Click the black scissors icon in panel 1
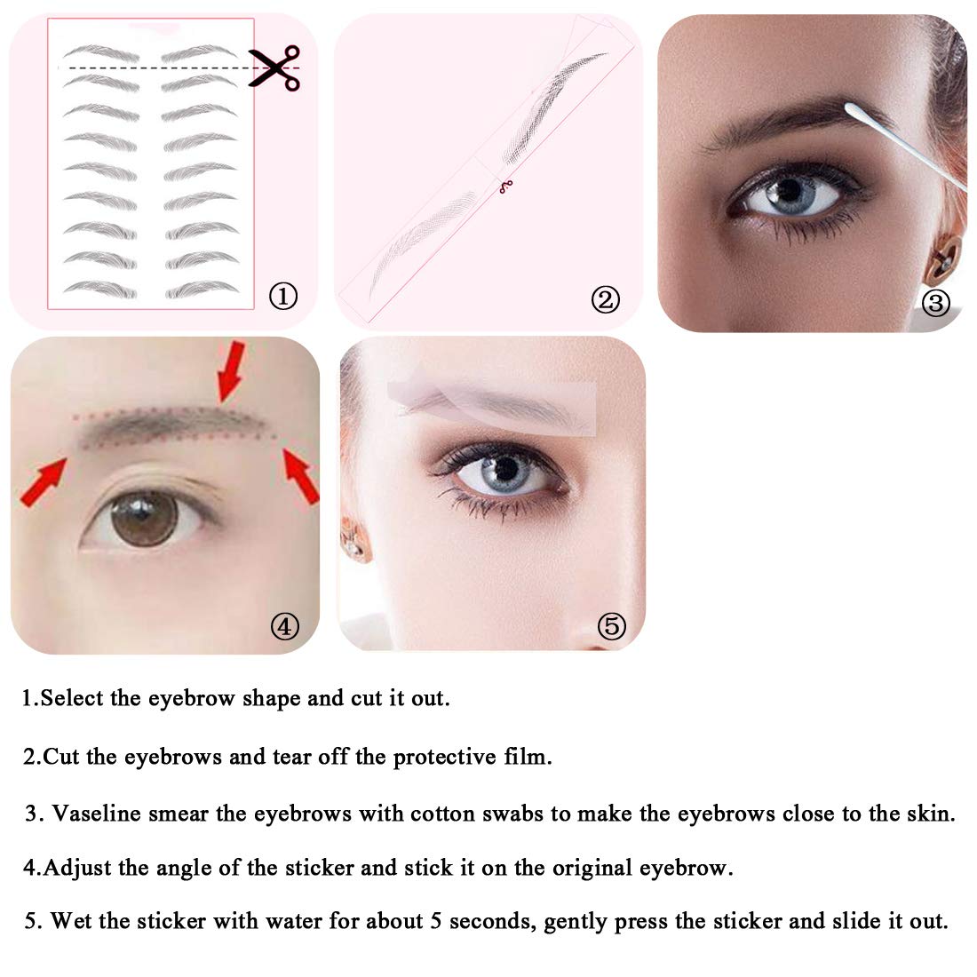[x=274, y=68]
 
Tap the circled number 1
[x=282, y=296]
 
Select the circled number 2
[x=605, y=299]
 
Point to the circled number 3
[x=935, y=304]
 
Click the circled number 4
[x=285, y=625]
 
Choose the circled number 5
[x=611, y=626]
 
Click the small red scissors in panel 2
[x=506, y=187]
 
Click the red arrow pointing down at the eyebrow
[x=231, y=371]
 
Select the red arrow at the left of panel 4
[x=43, y=481]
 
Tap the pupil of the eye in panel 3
[x=790, y=190]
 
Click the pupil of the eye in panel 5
[x=505, y=469]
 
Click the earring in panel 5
[x=353, y=541]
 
